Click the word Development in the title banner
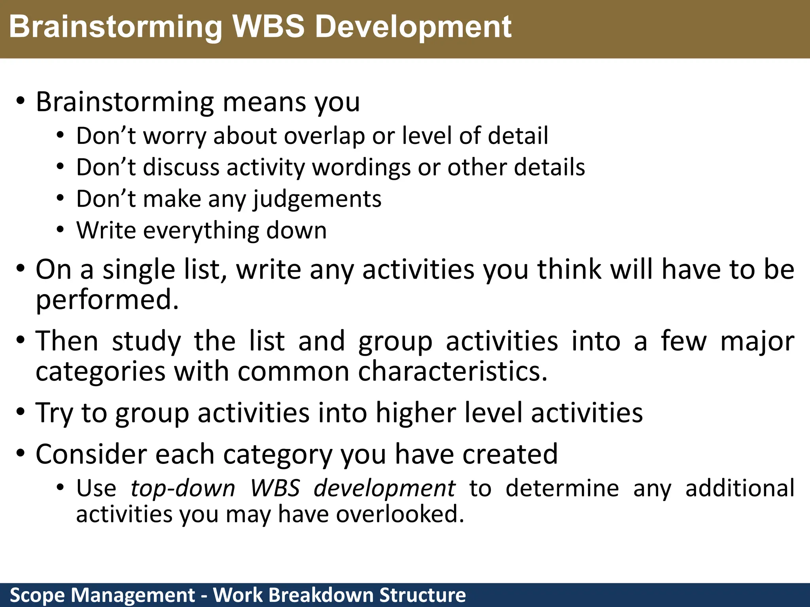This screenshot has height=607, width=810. (413, 27)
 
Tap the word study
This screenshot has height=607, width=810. (146, 341)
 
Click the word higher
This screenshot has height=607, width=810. (416, 413)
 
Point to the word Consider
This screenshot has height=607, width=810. (91, 454)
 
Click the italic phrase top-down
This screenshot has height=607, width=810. (183, 488)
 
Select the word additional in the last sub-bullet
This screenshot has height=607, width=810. (740, 488)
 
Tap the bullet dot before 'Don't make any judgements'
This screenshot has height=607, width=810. (60, 198)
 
